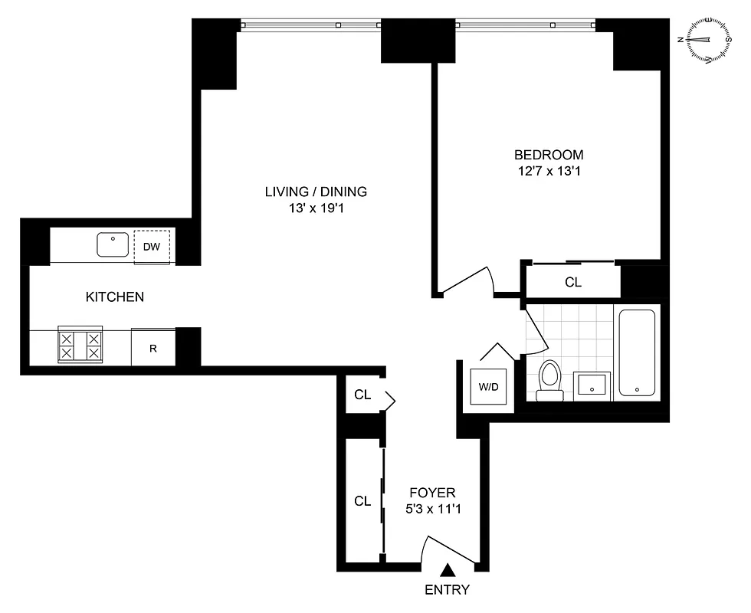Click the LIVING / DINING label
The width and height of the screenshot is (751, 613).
point(316,192)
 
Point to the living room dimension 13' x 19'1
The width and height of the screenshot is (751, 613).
point(316,208)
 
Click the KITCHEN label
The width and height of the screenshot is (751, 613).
point(114,297)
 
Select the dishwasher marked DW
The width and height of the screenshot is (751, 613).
point(152,246)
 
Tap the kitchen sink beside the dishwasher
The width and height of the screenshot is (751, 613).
point(113,245)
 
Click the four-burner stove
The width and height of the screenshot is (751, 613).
point(80,346)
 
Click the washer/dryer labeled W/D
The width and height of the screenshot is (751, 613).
point(488,386)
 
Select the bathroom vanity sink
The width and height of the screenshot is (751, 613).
point(593,385)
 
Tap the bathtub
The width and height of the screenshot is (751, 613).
point(637,352)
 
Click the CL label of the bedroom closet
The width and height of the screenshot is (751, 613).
point(572,282)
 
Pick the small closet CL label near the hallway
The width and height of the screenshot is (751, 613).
point(362,395)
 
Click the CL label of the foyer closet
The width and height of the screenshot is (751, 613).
point(362,501)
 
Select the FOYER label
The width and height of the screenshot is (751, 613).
point(432,493)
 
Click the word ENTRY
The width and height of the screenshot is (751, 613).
point(448,590)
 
